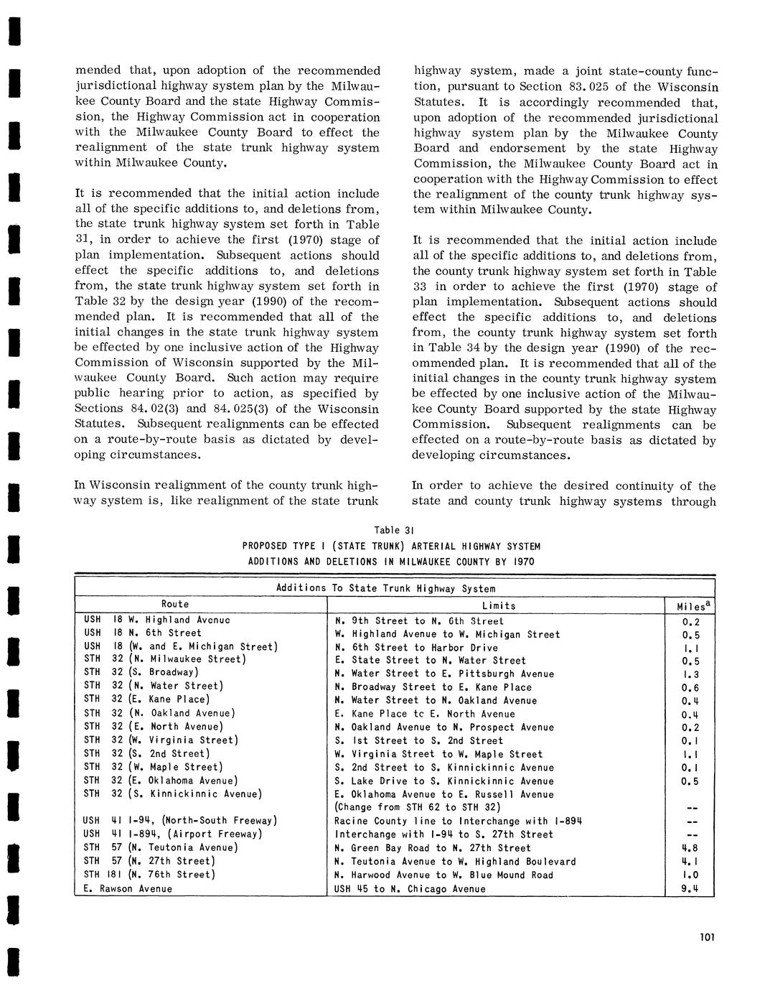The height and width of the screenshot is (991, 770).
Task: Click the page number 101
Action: (705, 936)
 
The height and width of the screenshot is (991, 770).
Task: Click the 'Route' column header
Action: (175, 604)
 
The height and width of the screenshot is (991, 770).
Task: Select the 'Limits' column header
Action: (499, 605)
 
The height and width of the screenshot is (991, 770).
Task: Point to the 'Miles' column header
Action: (690, 606)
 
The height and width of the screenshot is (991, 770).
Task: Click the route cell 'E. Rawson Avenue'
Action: (128, 888)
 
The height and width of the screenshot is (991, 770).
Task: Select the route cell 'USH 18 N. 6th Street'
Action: (143, 633)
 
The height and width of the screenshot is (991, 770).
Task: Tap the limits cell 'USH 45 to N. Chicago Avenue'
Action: (410, 888)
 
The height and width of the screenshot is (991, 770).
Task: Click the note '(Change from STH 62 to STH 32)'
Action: (418, 807)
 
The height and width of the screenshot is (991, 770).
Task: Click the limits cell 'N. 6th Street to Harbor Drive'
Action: (416, 647)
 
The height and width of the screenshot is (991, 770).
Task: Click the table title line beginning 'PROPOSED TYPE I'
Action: (391, 546)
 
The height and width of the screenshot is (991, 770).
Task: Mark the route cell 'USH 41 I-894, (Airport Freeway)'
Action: (172, 834)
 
